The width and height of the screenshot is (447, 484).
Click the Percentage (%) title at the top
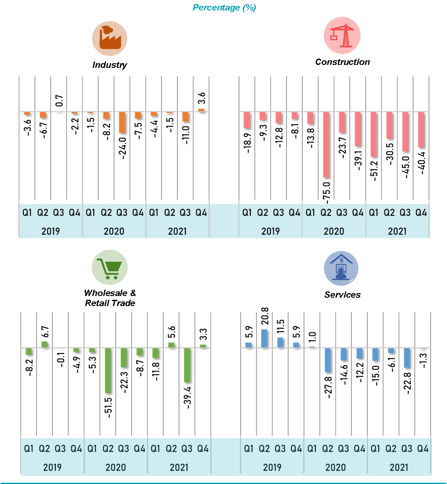(224, 8)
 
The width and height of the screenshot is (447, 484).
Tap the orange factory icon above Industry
(109, 39)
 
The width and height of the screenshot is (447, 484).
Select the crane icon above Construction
(342, 35)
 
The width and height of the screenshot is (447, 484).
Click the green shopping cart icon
(109, 268)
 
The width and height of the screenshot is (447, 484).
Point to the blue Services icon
(341, 268)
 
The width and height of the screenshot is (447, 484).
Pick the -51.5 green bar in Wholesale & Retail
(108, 371)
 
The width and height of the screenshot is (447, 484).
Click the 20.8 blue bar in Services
(264, 338)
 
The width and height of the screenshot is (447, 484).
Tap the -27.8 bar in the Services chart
(327, 360)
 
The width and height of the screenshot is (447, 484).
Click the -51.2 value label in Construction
(374, 170)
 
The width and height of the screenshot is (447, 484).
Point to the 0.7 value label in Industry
(59, 101)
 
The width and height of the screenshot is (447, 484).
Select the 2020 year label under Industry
(114, 231)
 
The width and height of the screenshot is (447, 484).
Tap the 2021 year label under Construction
(397, 231)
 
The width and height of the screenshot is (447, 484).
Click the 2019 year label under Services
(272, 467)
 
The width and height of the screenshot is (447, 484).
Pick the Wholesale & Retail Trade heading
(110, 298)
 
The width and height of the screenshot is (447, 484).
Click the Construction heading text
(342, 62)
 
